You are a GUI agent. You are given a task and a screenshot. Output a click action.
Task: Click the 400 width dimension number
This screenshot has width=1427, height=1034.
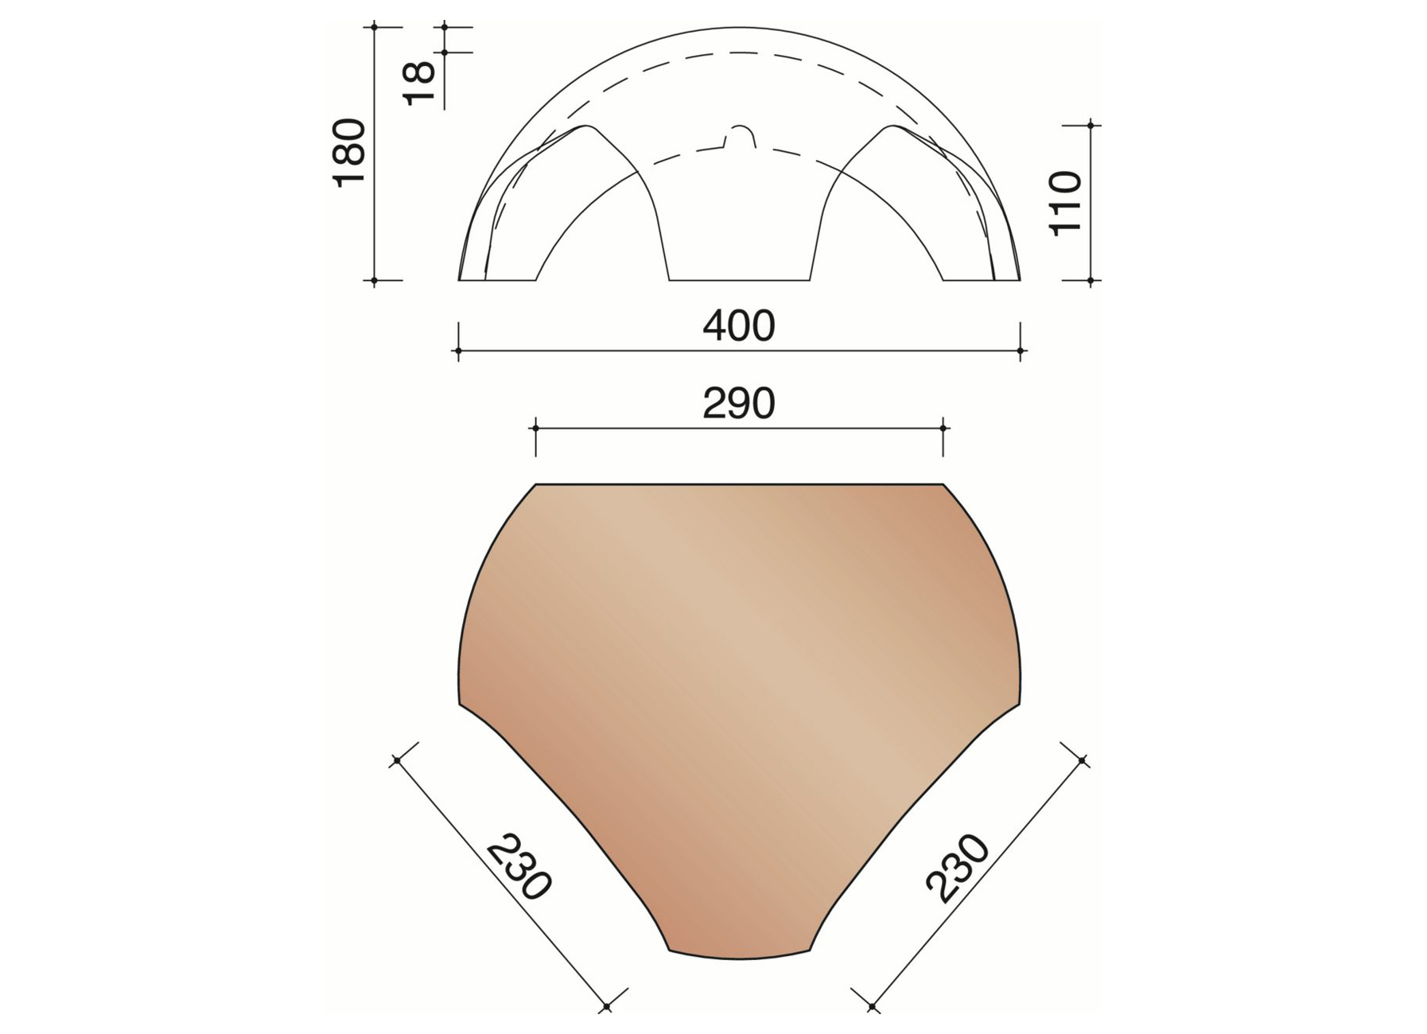pos(738,327)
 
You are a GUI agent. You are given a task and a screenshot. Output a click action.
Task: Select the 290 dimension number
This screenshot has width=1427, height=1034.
pos(738,404)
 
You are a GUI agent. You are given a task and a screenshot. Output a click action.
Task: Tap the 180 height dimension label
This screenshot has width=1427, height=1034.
pos(349,153)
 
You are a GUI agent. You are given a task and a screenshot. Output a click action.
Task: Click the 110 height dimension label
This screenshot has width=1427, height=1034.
pos(1066,203)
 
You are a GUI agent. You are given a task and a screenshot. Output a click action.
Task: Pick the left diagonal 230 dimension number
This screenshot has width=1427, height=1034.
pos(519,868)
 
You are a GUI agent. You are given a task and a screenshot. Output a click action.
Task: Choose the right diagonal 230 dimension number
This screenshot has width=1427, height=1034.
pos(958,868)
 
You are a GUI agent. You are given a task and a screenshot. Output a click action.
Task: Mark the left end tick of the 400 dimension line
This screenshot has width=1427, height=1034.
pos(458,350)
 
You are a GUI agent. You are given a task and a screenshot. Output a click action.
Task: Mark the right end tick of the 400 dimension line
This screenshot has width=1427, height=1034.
pos(1021,350)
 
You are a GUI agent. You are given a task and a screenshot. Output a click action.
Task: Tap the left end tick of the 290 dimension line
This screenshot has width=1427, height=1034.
pos(535,428)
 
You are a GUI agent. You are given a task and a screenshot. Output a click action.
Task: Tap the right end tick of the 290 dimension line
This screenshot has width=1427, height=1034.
pos(943,428)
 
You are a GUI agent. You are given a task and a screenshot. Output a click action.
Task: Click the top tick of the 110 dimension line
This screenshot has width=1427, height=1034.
pos(1091,126)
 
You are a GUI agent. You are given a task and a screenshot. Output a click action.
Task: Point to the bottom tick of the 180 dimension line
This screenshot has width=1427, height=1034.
pos(375,281)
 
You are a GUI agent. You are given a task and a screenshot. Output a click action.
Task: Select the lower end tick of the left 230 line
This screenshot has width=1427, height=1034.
pos(606,1006)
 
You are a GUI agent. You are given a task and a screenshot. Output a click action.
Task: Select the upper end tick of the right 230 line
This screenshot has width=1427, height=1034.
pos(1082,761)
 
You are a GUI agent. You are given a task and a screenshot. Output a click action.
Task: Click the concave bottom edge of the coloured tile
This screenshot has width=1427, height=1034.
pos(739,958)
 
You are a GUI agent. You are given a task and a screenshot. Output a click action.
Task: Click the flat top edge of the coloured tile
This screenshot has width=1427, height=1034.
pos(739,484)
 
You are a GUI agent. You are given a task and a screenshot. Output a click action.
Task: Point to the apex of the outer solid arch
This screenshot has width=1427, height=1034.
pos(739,28)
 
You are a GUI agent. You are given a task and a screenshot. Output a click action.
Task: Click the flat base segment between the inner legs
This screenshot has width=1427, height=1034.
pos(739,280)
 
